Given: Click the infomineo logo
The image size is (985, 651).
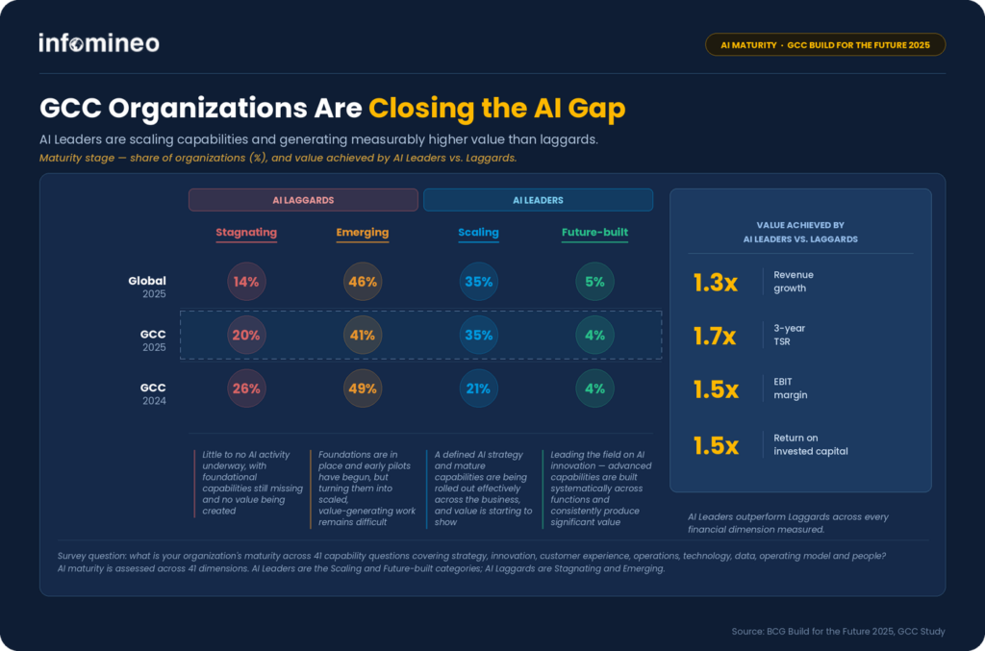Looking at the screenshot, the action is click(99, 42).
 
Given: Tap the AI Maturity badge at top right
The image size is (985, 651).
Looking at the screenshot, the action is click(824, 44).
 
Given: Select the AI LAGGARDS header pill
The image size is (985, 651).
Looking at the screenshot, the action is click(303, 200).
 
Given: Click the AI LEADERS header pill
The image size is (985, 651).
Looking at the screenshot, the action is click(538, 200).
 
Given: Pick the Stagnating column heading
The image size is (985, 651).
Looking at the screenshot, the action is click(246, 233).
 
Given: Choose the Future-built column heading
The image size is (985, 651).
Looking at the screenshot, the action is click(594, 233).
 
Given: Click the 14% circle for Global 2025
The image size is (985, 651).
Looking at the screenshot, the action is click(246, 281).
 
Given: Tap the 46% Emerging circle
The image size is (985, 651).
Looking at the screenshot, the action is click(363, 281).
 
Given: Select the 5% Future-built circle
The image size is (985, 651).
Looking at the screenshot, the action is click(594, 281).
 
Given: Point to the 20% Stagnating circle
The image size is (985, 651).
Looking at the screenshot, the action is click(246, 336).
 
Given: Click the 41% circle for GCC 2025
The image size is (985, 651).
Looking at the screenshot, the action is click(363, 336).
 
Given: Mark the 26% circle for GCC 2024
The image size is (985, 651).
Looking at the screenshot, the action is click(246, 388).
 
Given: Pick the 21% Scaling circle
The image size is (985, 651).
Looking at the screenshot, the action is click(479, 388).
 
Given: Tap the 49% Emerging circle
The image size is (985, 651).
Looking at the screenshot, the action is click(363, 388).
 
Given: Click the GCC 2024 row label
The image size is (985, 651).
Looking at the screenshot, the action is click(153, 393).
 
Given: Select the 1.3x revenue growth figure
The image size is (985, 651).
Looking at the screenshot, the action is click(716, 283).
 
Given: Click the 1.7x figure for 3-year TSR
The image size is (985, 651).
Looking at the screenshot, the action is click(715, 336).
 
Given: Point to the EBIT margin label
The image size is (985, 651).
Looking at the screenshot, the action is click(791, 388).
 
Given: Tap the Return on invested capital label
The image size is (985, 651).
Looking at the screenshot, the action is click(810, 444).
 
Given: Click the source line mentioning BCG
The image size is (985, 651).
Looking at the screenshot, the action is click(838, 631).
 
